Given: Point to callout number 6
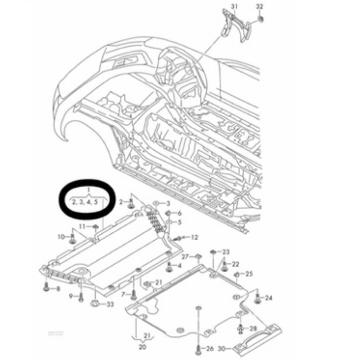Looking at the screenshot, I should click(x=179, y=214).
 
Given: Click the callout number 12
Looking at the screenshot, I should click(x=194, y=237).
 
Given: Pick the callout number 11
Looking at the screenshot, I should click(x=82, y=226).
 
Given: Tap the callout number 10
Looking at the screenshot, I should click(x=61, y=237).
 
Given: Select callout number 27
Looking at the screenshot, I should click(x=184, y=256).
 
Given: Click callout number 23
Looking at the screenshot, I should click(x=226, y=251).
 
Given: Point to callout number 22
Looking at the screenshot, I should click(x=235, y=264).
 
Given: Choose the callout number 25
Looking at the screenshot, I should click(x=249, y=274).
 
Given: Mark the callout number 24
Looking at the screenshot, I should click(x=269, y=297).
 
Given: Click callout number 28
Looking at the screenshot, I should click(x=252, y=328).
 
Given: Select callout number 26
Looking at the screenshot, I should click(x=210, y=348).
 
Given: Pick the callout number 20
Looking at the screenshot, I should click(x=142, y=347).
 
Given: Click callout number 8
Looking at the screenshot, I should click(x=57, y=289).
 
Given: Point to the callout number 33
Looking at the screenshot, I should click(x=109, y=305).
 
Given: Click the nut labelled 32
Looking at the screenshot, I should click(x=261, y=21).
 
